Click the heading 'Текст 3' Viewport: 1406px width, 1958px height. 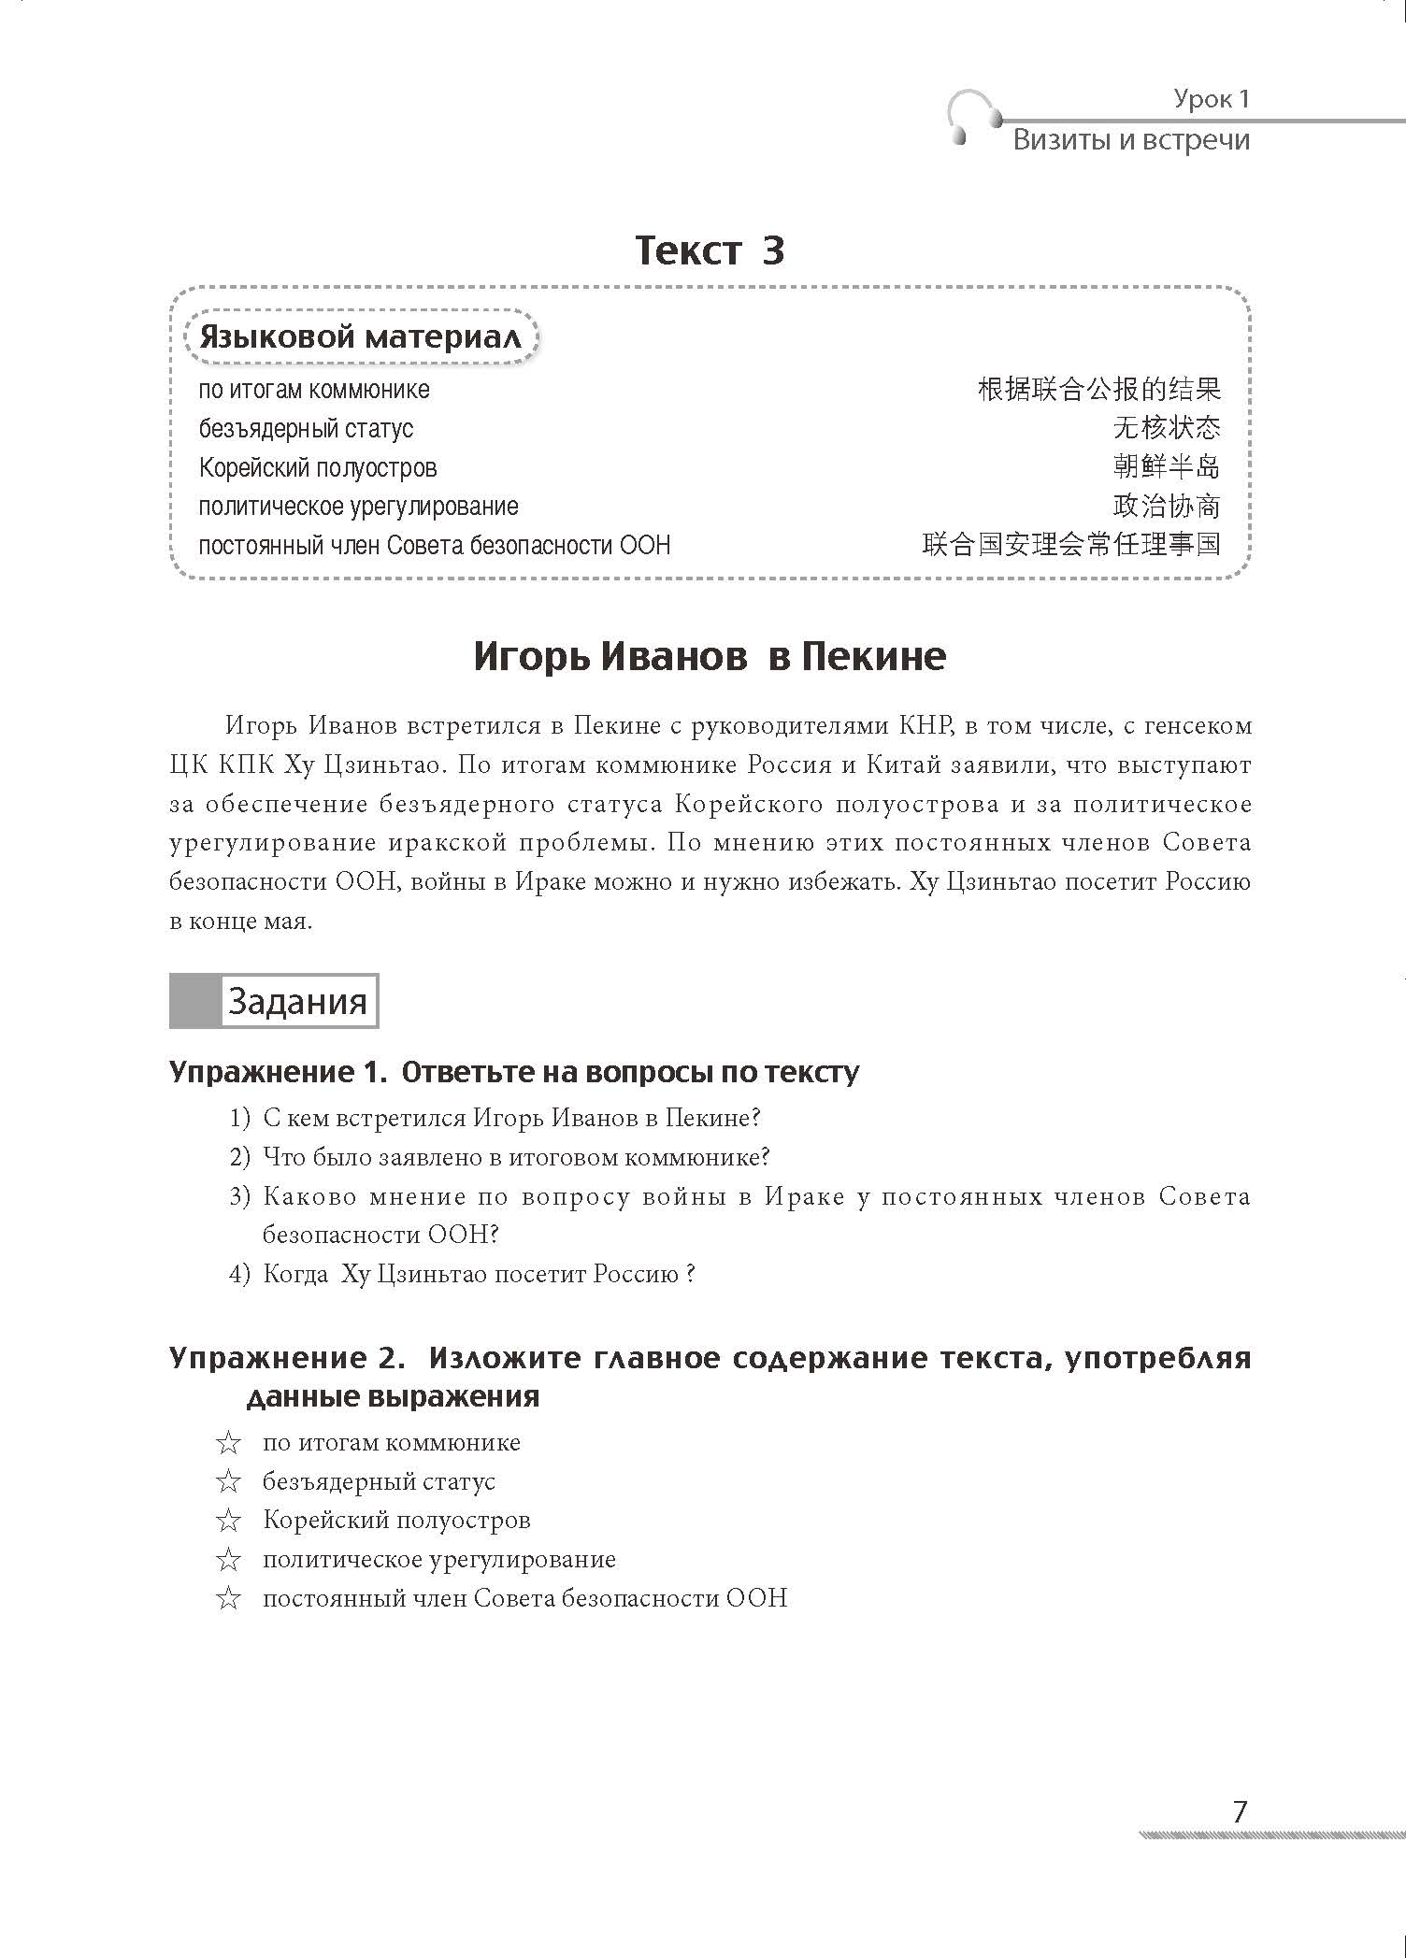click(710, 250)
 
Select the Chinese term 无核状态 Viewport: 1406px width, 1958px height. click(1167, 428)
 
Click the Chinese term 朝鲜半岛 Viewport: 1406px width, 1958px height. click(1167, 466)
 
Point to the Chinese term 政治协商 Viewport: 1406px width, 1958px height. click(1167, 506)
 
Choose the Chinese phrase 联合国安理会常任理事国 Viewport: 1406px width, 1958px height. click(1071, 544)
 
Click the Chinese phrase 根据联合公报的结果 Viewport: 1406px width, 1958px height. click(1098, 389)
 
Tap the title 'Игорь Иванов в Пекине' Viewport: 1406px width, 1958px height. click(710, 656)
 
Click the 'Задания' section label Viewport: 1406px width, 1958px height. click(297, 1002)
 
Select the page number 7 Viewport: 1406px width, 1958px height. click(1240, 1811)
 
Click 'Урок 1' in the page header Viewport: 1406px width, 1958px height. click(1212, 99)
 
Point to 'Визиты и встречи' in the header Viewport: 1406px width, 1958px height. click(1131, 140)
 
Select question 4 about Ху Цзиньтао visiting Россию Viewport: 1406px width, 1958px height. click(478, 1274)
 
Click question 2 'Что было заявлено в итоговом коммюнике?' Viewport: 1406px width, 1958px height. click(515, 1157)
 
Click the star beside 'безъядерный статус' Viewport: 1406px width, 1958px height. click(228, 1482)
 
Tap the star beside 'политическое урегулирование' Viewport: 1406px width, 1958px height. click(228, 1560)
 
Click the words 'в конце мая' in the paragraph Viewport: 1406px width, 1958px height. click(240, 922)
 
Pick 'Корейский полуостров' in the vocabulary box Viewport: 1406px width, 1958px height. click(318, 467)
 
